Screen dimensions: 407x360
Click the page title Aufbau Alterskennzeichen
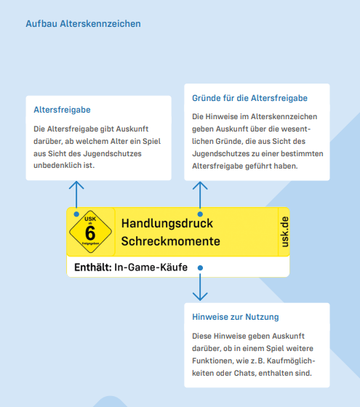click(83, 24)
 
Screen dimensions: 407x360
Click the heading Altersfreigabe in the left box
click(62, 110)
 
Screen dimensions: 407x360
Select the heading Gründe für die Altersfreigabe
click(249, 98)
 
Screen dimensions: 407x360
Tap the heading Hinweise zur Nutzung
click(235, 317)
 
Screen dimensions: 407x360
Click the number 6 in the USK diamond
click(90, 233)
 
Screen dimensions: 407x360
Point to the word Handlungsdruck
click(167, 222)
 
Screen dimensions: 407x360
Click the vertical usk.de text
click(284, 232)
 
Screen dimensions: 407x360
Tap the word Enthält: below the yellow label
click(93, 267)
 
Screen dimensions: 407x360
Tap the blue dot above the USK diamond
click(76, 214)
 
